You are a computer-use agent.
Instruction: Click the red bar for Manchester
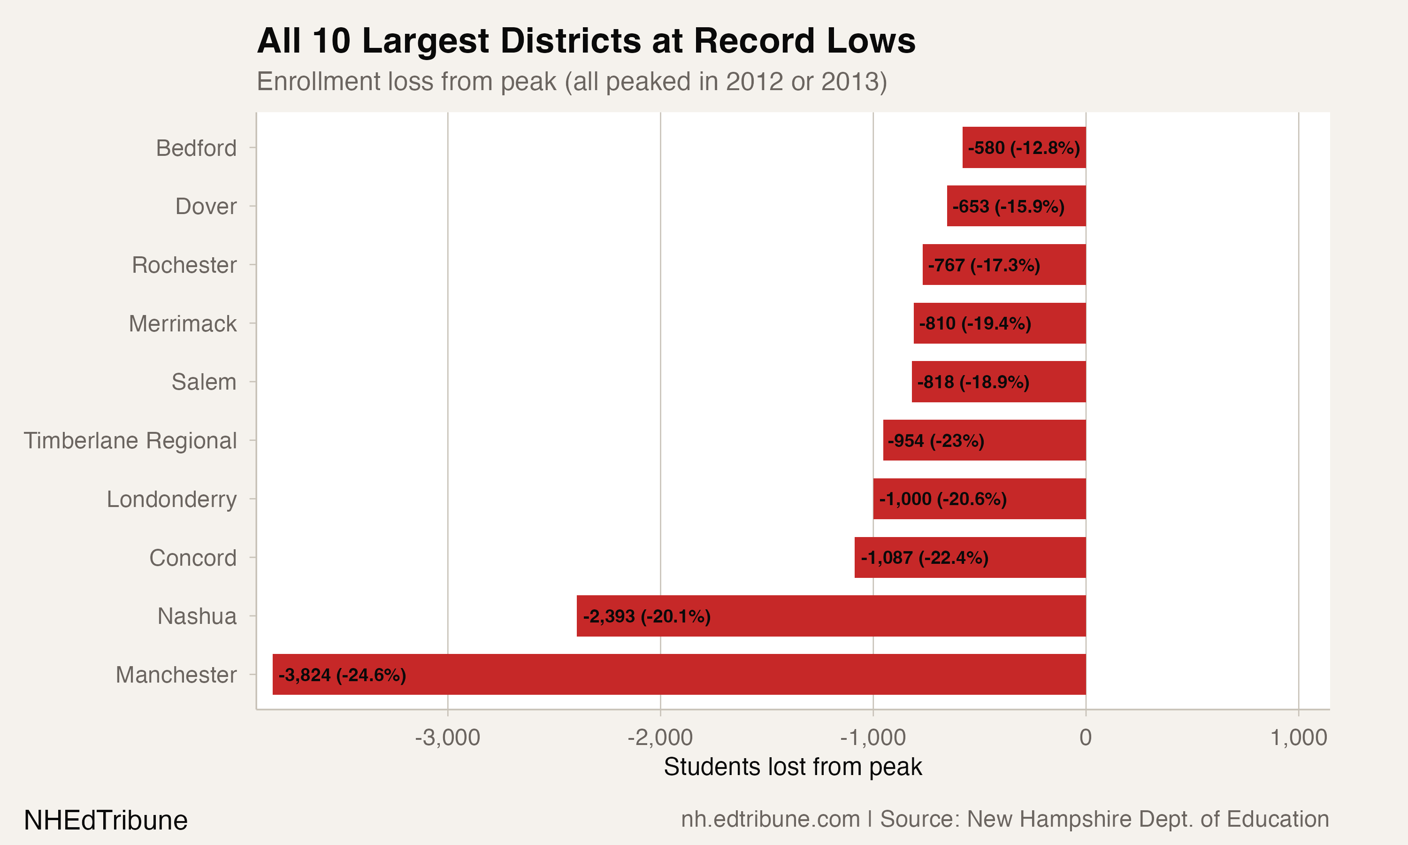click(679, 674)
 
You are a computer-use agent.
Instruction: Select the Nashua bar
click(831, 615)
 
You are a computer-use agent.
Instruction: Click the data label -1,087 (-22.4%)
click(924, 557)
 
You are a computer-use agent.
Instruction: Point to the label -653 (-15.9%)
click(1008, 206)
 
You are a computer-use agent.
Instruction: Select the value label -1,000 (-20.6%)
click(942, 499)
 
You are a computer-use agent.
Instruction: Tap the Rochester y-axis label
click(184, 265)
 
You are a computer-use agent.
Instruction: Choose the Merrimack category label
click(182, 323)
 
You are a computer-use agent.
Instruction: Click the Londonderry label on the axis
click(171, 499)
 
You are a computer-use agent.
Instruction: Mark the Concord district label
click(192, 557)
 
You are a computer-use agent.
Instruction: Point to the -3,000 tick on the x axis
click(447, 737)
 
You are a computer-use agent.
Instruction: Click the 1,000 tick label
click(1298, 737)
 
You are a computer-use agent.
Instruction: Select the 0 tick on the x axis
click(1085, 737)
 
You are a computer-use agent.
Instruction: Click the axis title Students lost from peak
click(792, 767)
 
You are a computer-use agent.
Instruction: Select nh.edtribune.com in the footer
click(770, 819)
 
